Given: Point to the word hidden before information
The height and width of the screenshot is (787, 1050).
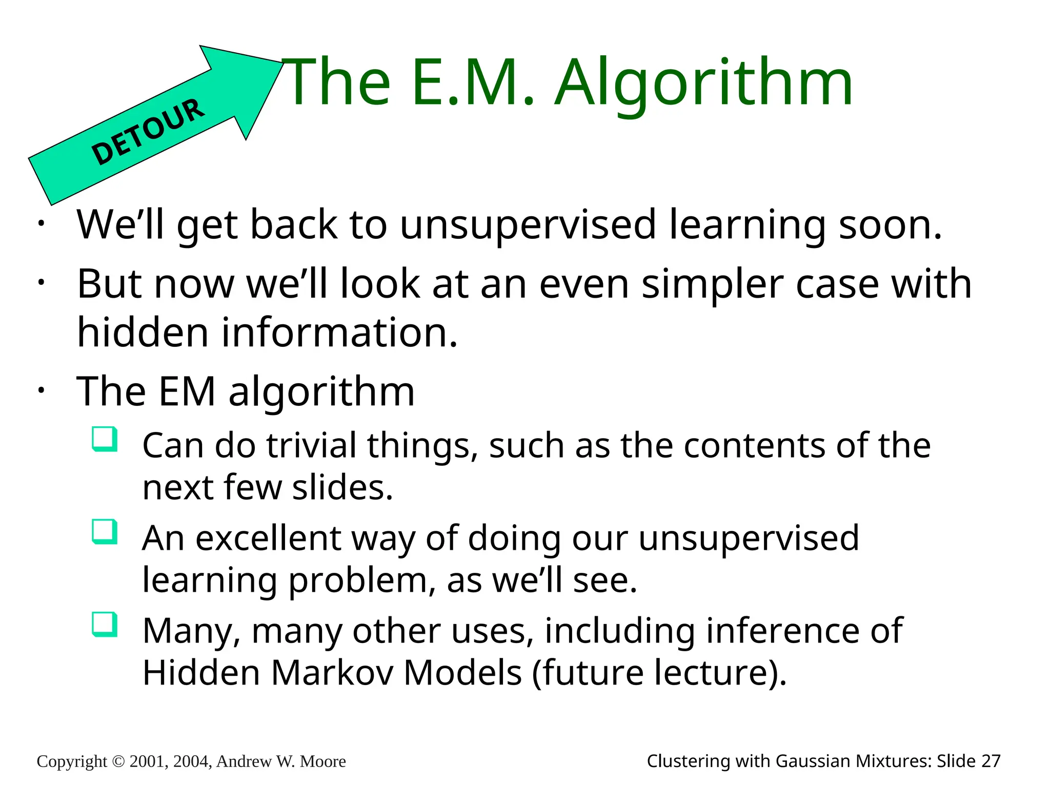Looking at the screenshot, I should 143,332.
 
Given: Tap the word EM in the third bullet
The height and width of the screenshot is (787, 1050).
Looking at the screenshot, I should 187,391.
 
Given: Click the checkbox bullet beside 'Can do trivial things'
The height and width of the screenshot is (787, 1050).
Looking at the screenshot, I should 105,439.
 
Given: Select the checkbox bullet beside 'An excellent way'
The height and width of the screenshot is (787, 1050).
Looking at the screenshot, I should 105,532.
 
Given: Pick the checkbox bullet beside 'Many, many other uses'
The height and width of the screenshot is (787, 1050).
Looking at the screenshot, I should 105,625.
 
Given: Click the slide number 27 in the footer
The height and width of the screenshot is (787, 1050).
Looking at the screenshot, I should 991,761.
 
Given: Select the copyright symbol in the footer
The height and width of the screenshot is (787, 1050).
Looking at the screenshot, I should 118,761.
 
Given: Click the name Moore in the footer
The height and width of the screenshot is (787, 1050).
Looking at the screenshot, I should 322,761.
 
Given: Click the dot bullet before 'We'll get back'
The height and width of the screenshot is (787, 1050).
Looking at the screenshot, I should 41,223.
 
